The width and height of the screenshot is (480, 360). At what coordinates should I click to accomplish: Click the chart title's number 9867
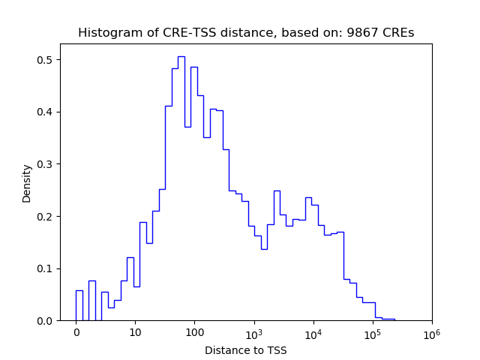pyautogui.click(x=370, y=33)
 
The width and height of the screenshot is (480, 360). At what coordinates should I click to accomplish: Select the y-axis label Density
pyautogui.click(x=27, y=183)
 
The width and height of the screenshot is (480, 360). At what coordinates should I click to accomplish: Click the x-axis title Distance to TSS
pyautogui.click(x=246, y=350)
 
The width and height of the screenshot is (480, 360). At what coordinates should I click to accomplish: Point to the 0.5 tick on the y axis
pyautogui.click(x=46, y=60)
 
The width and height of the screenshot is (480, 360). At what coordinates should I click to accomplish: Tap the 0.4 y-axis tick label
pyautogui.click(x=46, y=112)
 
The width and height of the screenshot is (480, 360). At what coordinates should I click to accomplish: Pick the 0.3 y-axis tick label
pyautogui.click(x=46, y=164)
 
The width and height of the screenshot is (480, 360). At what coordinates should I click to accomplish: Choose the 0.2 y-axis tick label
pyautogui.click(x=46, y=217)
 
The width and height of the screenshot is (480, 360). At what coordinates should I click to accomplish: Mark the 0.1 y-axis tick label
pyautogui.click(x=46, y=268)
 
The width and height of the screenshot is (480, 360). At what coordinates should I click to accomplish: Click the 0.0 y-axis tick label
pyautogui.click(x=46, y=321)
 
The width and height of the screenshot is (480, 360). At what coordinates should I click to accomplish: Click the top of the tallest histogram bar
pyautogui.click(x=181, y=57)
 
